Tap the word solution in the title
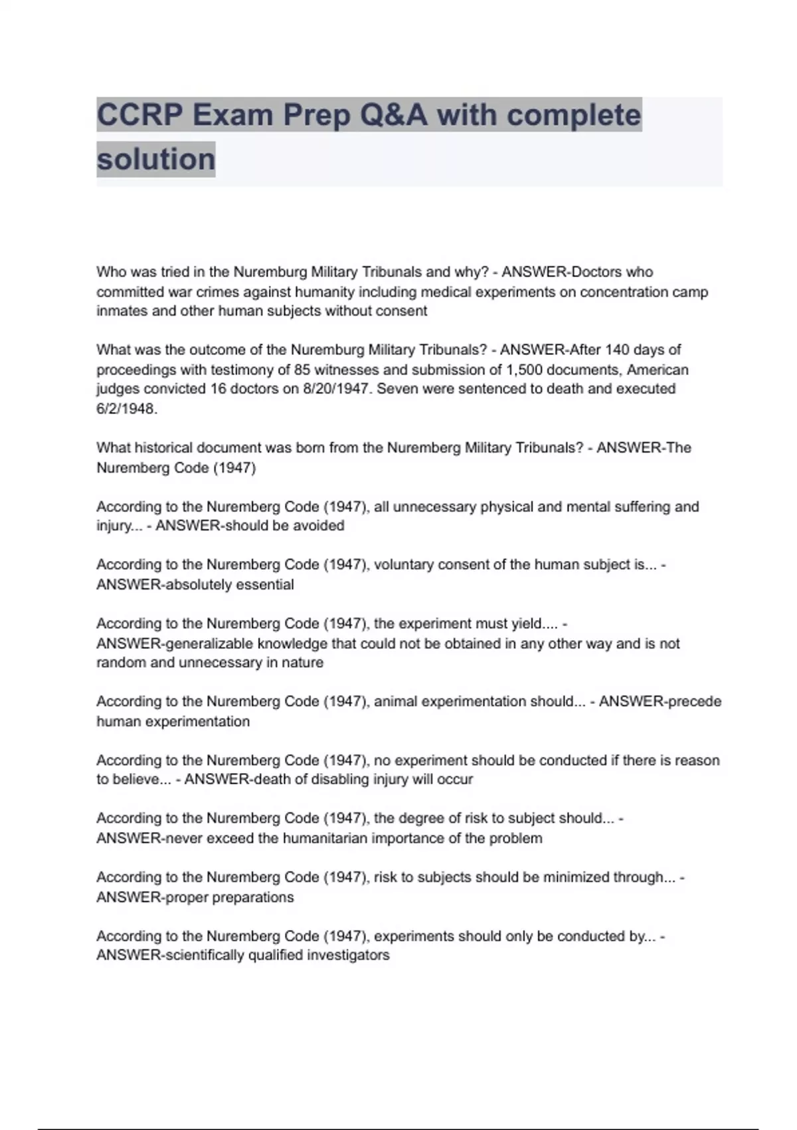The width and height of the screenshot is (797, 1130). point(156,160)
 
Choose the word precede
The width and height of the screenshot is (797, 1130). point(695,702)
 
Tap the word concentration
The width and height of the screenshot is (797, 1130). point(626,292)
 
